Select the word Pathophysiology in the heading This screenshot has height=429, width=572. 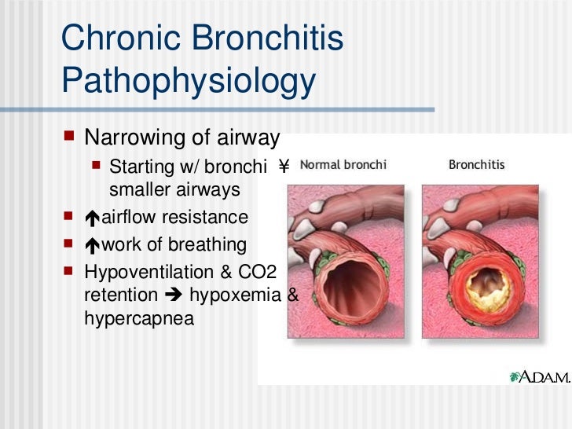point(188,81)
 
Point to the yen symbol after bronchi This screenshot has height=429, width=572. point(284,167)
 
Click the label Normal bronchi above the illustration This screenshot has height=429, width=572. point(343,165)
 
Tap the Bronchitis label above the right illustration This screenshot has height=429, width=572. point(476,165)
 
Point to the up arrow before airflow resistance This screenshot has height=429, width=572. point(92,218)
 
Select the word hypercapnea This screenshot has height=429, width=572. point(138,320)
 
